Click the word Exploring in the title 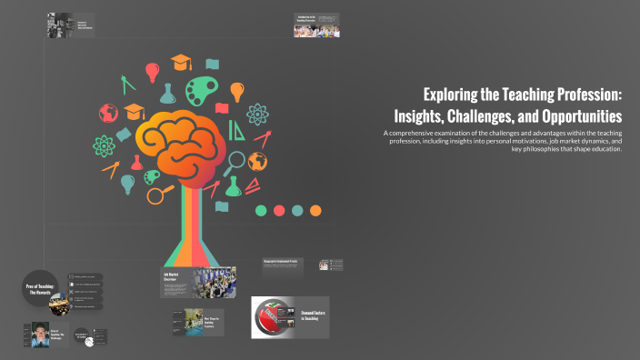(x=452, y=95)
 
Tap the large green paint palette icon (x=201, y=91)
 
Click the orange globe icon (x=258, y=161)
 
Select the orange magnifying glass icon (x=159, y=194)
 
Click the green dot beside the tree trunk (x=261, y=210)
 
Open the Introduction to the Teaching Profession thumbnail (x=316, y=25)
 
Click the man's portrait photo (x=40, y=334)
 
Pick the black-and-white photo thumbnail (x=61, y=25)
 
